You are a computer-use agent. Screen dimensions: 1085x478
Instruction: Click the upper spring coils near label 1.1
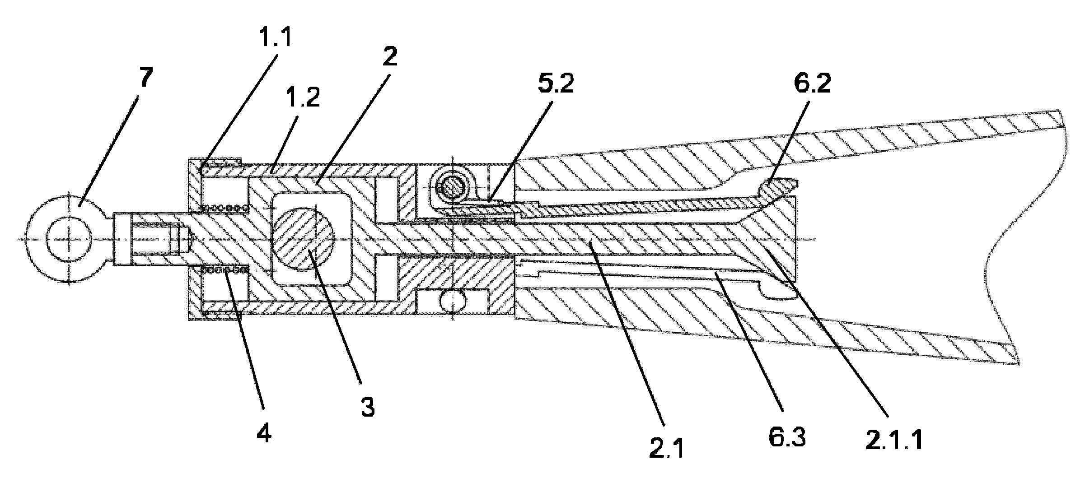point(224,208)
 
